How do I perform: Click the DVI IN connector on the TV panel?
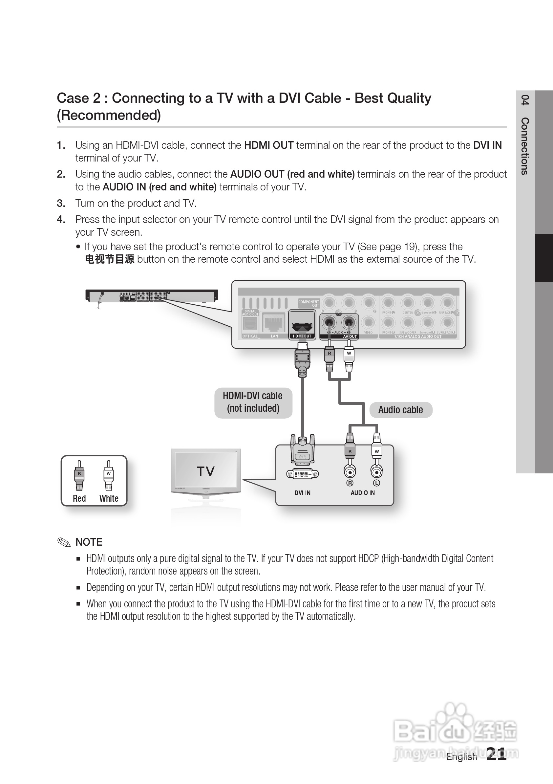[x=303, y=474]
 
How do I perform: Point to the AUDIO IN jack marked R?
[x=350, y=472]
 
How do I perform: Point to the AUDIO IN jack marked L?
[x=376, y=472]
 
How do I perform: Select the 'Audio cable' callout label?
[x=400, y=410]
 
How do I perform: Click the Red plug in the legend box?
[x=79, y=476]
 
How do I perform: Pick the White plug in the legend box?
[x=109, y=476]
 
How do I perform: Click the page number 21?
[x=496, y=754]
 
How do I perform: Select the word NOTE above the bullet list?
[x=89, y=542]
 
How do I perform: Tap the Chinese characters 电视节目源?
[x=110, y=259]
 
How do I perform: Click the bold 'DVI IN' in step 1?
[x=487, y=145]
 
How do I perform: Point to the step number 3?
[x=61, y=204]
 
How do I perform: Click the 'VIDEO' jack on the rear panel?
[x=368, y=322]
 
